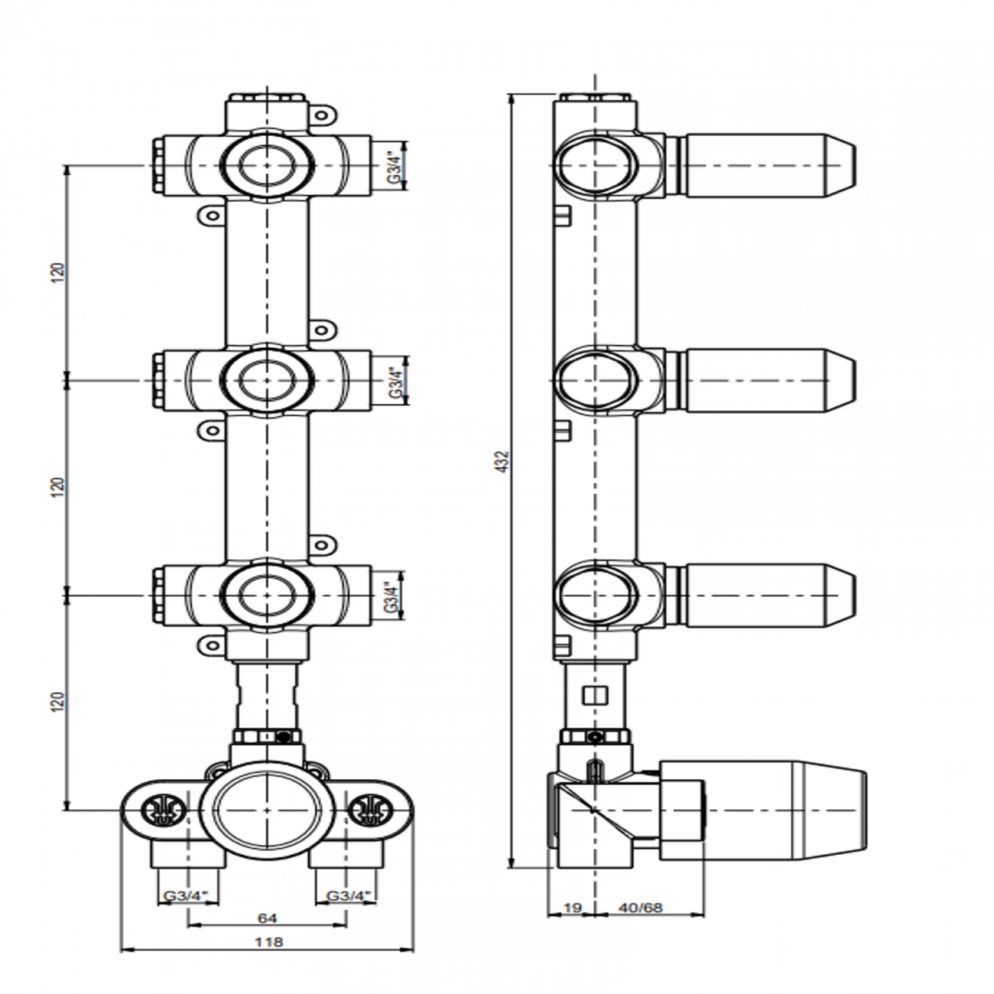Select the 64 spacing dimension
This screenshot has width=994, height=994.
coord(267,918)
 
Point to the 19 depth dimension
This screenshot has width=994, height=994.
coord(572,908)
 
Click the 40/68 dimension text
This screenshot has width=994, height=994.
coord(641,908)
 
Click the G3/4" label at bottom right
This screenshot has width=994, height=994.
coord(349,895)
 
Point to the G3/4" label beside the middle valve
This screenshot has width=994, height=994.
coord(395,381)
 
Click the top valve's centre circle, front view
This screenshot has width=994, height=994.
coord(267,165)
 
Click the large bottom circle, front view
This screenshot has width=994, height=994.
coord(266,810)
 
